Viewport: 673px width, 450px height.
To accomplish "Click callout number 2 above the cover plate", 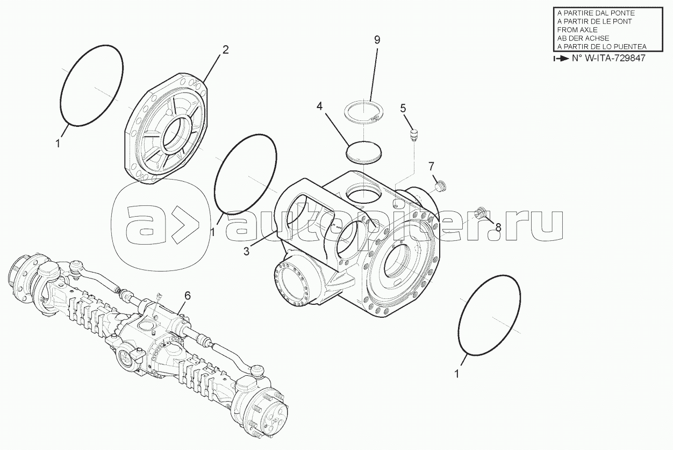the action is pyautogui.click(x=225, y=49).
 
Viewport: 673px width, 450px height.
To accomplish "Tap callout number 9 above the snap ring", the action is pyautogui.click(x=377, y=40).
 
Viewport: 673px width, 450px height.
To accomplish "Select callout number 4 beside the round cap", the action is pyautogui.click(x=319, y=106).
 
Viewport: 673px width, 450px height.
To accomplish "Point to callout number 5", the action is pyautogui.click(x=403, y=108).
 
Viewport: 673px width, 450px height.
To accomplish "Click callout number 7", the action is pyautogui.click(x=431, y=166).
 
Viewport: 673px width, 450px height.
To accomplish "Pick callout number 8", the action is pyautogui.click(x=498, y=227).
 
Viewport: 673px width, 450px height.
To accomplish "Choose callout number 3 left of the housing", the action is pyautogui.click(x=246, y=251).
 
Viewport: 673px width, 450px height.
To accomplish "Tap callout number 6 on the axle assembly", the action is pyautogui.click(x=187, y=296).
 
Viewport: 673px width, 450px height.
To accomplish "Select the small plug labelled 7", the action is pyautogui.click(x=441, y=185).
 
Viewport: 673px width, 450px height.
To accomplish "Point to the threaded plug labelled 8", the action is pyautogui.click(x=479, y=213).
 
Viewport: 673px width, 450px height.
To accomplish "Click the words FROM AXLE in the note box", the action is pyautogui.click(x=577, y=30).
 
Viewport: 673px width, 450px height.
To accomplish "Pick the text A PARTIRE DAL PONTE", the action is pyautogui.click(x=591, y=13).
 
